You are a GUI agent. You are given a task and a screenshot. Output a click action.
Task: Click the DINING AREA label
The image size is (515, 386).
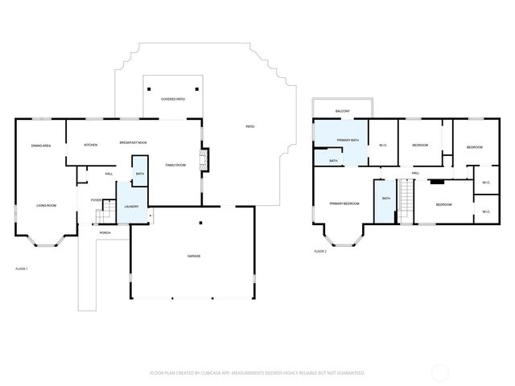(41, 146)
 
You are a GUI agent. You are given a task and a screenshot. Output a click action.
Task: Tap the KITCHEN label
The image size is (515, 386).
(91, 144)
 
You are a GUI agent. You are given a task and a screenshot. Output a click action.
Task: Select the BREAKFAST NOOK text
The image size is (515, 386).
(134, 142)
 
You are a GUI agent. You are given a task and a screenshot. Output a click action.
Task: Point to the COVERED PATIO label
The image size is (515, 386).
(173, 99)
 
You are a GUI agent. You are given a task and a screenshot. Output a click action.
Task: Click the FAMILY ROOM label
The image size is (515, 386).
(175, 165)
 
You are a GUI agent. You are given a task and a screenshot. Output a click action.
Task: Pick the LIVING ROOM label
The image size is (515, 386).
(46, 205)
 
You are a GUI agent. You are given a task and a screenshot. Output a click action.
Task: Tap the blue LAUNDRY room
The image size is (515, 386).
(132, 206)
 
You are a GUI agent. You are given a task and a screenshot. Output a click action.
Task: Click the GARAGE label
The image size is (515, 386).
(194, 256)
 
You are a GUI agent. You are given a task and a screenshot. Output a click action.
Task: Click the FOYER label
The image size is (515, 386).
(96, 199)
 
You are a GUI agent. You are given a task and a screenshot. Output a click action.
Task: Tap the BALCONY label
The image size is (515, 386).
(343, 111)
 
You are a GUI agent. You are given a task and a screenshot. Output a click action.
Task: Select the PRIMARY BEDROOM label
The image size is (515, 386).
(344, 203)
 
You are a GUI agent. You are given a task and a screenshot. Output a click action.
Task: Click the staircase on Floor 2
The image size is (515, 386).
(406, 201)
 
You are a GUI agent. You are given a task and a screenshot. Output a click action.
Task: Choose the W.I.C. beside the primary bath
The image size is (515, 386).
(383, 145)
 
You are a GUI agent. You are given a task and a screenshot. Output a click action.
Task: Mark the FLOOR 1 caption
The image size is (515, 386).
(22, 268)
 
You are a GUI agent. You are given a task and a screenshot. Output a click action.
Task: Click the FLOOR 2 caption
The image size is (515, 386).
(320, 252)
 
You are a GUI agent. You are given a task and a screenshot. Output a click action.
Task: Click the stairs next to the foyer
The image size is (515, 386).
(101, 215)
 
